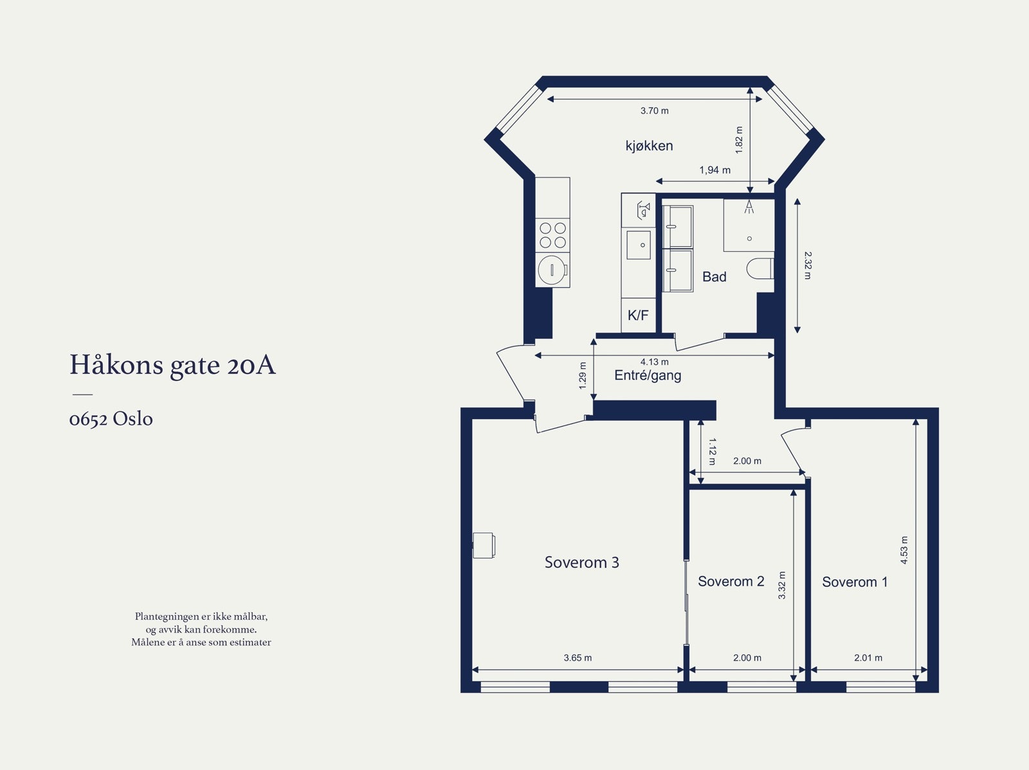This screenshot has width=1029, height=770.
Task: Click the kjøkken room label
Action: (x=649, y=146)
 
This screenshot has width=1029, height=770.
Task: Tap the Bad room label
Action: (x=714, y=277)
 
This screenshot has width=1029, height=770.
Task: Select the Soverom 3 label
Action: (x=581, y=562)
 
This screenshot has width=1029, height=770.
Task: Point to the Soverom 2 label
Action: (x=731, y=582)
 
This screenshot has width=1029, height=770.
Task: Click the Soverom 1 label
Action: (x=855, y=582)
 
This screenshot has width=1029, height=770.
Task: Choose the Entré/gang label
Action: (x=648, y=375)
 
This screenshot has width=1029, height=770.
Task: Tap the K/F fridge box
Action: (x=638, y=316)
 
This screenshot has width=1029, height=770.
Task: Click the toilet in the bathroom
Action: (x=760, y=269)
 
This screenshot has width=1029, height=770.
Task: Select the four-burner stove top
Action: (x=552, y=235)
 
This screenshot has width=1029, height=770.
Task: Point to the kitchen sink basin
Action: (x=639, y=245)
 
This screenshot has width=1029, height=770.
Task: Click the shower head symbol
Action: (x=749, y=207)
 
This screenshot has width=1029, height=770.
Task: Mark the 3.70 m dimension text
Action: (x=654, y=111)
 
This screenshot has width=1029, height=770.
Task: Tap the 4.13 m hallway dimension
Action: (x=654, y=362)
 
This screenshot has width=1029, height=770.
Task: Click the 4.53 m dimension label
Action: (x=904, y=550)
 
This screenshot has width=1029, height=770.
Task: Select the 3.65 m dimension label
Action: (x=578, y=658)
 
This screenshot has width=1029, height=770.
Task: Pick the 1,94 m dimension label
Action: (x=715, y=170)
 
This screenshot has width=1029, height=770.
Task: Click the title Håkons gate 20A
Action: (x=172, y=364)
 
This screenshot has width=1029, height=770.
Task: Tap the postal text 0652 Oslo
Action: (x=111, y=419)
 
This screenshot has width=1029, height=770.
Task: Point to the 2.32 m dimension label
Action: (x=807, y=265)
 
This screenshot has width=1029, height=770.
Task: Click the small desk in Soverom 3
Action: (x=484, y=545)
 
